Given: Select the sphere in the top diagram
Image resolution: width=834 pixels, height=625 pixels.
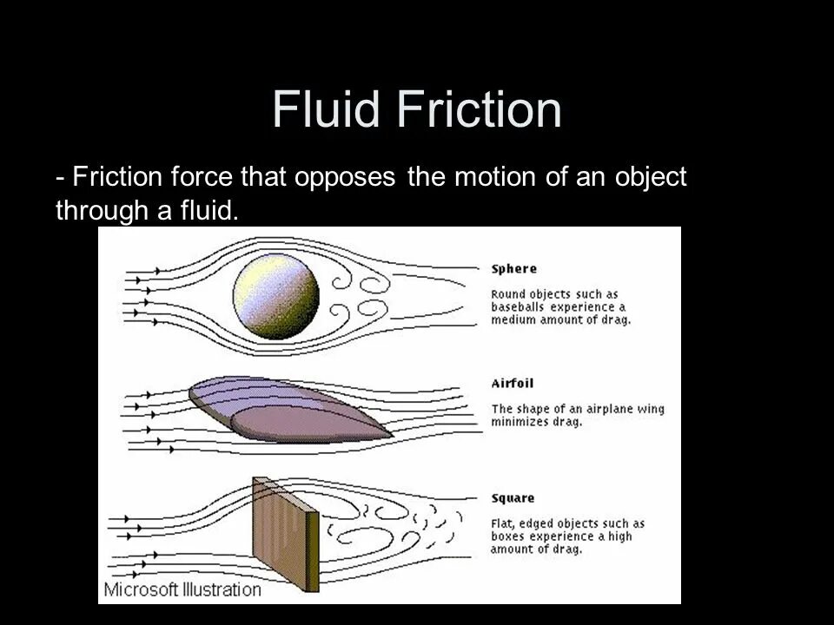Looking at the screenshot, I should point(276,296).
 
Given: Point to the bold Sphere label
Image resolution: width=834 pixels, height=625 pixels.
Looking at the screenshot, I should point(514,269).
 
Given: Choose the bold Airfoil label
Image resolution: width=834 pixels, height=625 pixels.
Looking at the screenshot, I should point(513,383).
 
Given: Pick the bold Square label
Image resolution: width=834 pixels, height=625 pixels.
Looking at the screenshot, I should point(513,498).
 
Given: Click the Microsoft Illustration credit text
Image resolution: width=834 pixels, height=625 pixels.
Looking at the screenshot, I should point(182,590).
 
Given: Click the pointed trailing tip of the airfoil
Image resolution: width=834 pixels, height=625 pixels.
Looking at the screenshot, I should point(390,434).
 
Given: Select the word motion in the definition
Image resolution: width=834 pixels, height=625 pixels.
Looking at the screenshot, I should point(491,177).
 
